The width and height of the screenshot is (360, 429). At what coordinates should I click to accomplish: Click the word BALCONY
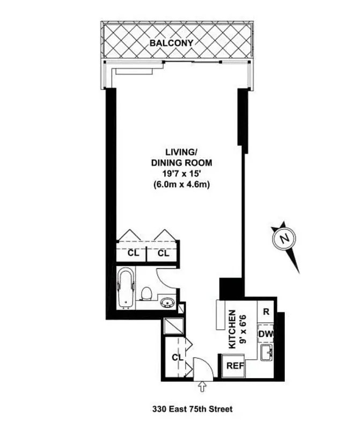[x=171, y=42]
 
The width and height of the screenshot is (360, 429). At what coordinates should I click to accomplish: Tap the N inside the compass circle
[x=285, y=238]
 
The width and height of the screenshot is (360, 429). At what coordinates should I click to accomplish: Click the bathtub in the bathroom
[x=126, y=289]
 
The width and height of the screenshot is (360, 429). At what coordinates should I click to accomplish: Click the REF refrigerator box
[x=233, y=367]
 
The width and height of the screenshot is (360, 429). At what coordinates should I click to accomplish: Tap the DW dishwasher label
[x=266, y=334]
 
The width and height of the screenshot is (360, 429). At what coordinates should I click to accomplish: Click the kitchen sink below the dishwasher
[x=266, y=354]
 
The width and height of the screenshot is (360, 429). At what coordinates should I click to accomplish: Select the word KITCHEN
[x=232, y=330]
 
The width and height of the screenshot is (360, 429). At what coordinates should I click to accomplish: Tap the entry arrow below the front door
[x=203, y=386]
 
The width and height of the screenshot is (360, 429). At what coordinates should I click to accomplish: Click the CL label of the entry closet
[x=177, y=357]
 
